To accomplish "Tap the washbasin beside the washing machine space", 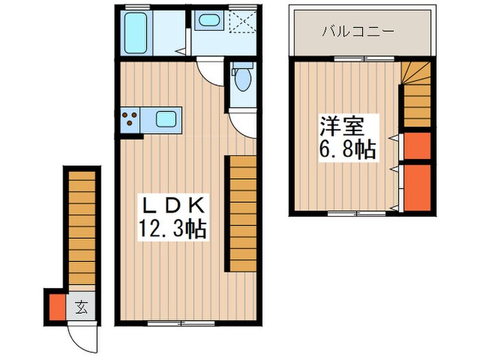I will pos(206,21).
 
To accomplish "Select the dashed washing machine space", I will pos(240,23).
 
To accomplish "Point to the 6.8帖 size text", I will pos(348,149).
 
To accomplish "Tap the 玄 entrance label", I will pos(82,307).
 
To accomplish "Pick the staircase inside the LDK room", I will pos(243,213).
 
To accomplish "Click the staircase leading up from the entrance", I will pos(82,226).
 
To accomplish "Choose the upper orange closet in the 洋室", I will pos(417,145).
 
